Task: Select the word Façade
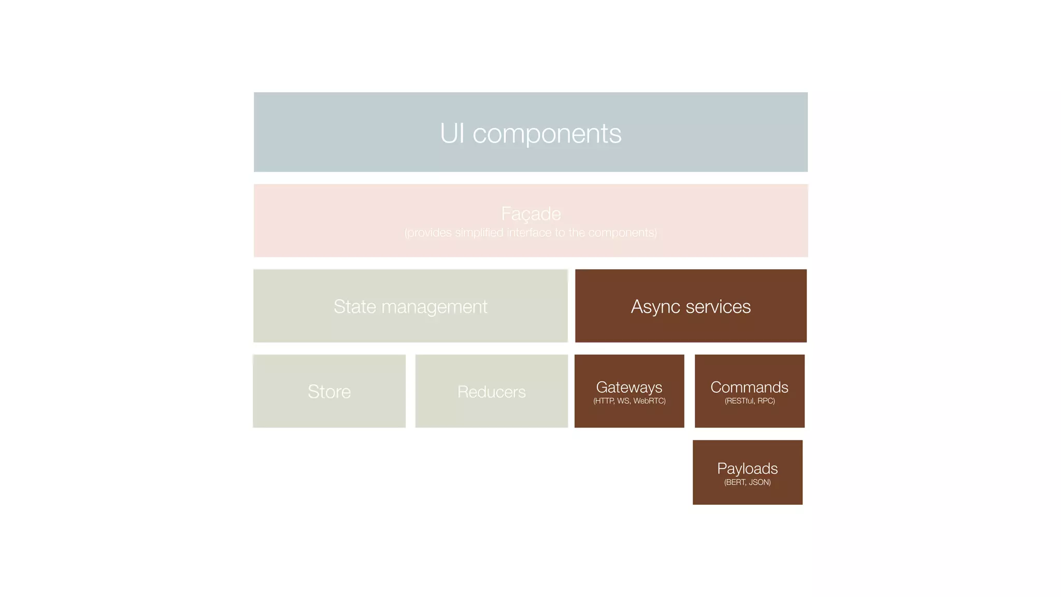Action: click(530, 214)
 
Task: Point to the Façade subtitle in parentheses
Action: click(530, 233)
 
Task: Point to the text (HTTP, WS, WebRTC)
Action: click(629, 401)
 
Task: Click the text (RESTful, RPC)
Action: click(749, 401)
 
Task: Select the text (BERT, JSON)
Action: click(747, 482)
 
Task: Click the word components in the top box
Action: click(547, 134)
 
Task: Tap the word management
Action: click(434, 307)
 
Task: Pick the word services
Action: click(718, 306)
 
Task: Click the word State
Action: click(355, 306)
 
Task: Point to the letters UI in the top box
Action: click(452, 133)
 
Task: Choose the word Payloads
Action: click(747, 468)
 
